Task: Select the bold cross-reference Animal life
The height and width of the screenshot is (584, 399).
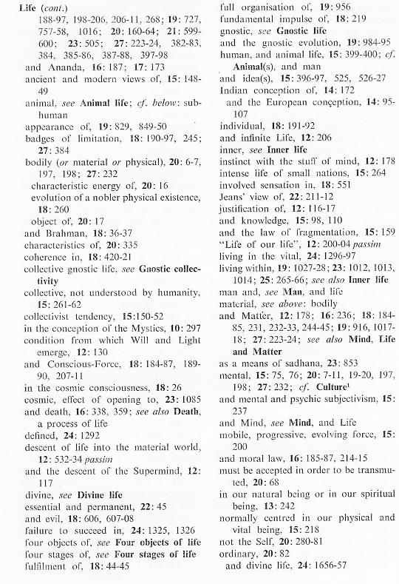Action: pos(106,125)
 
